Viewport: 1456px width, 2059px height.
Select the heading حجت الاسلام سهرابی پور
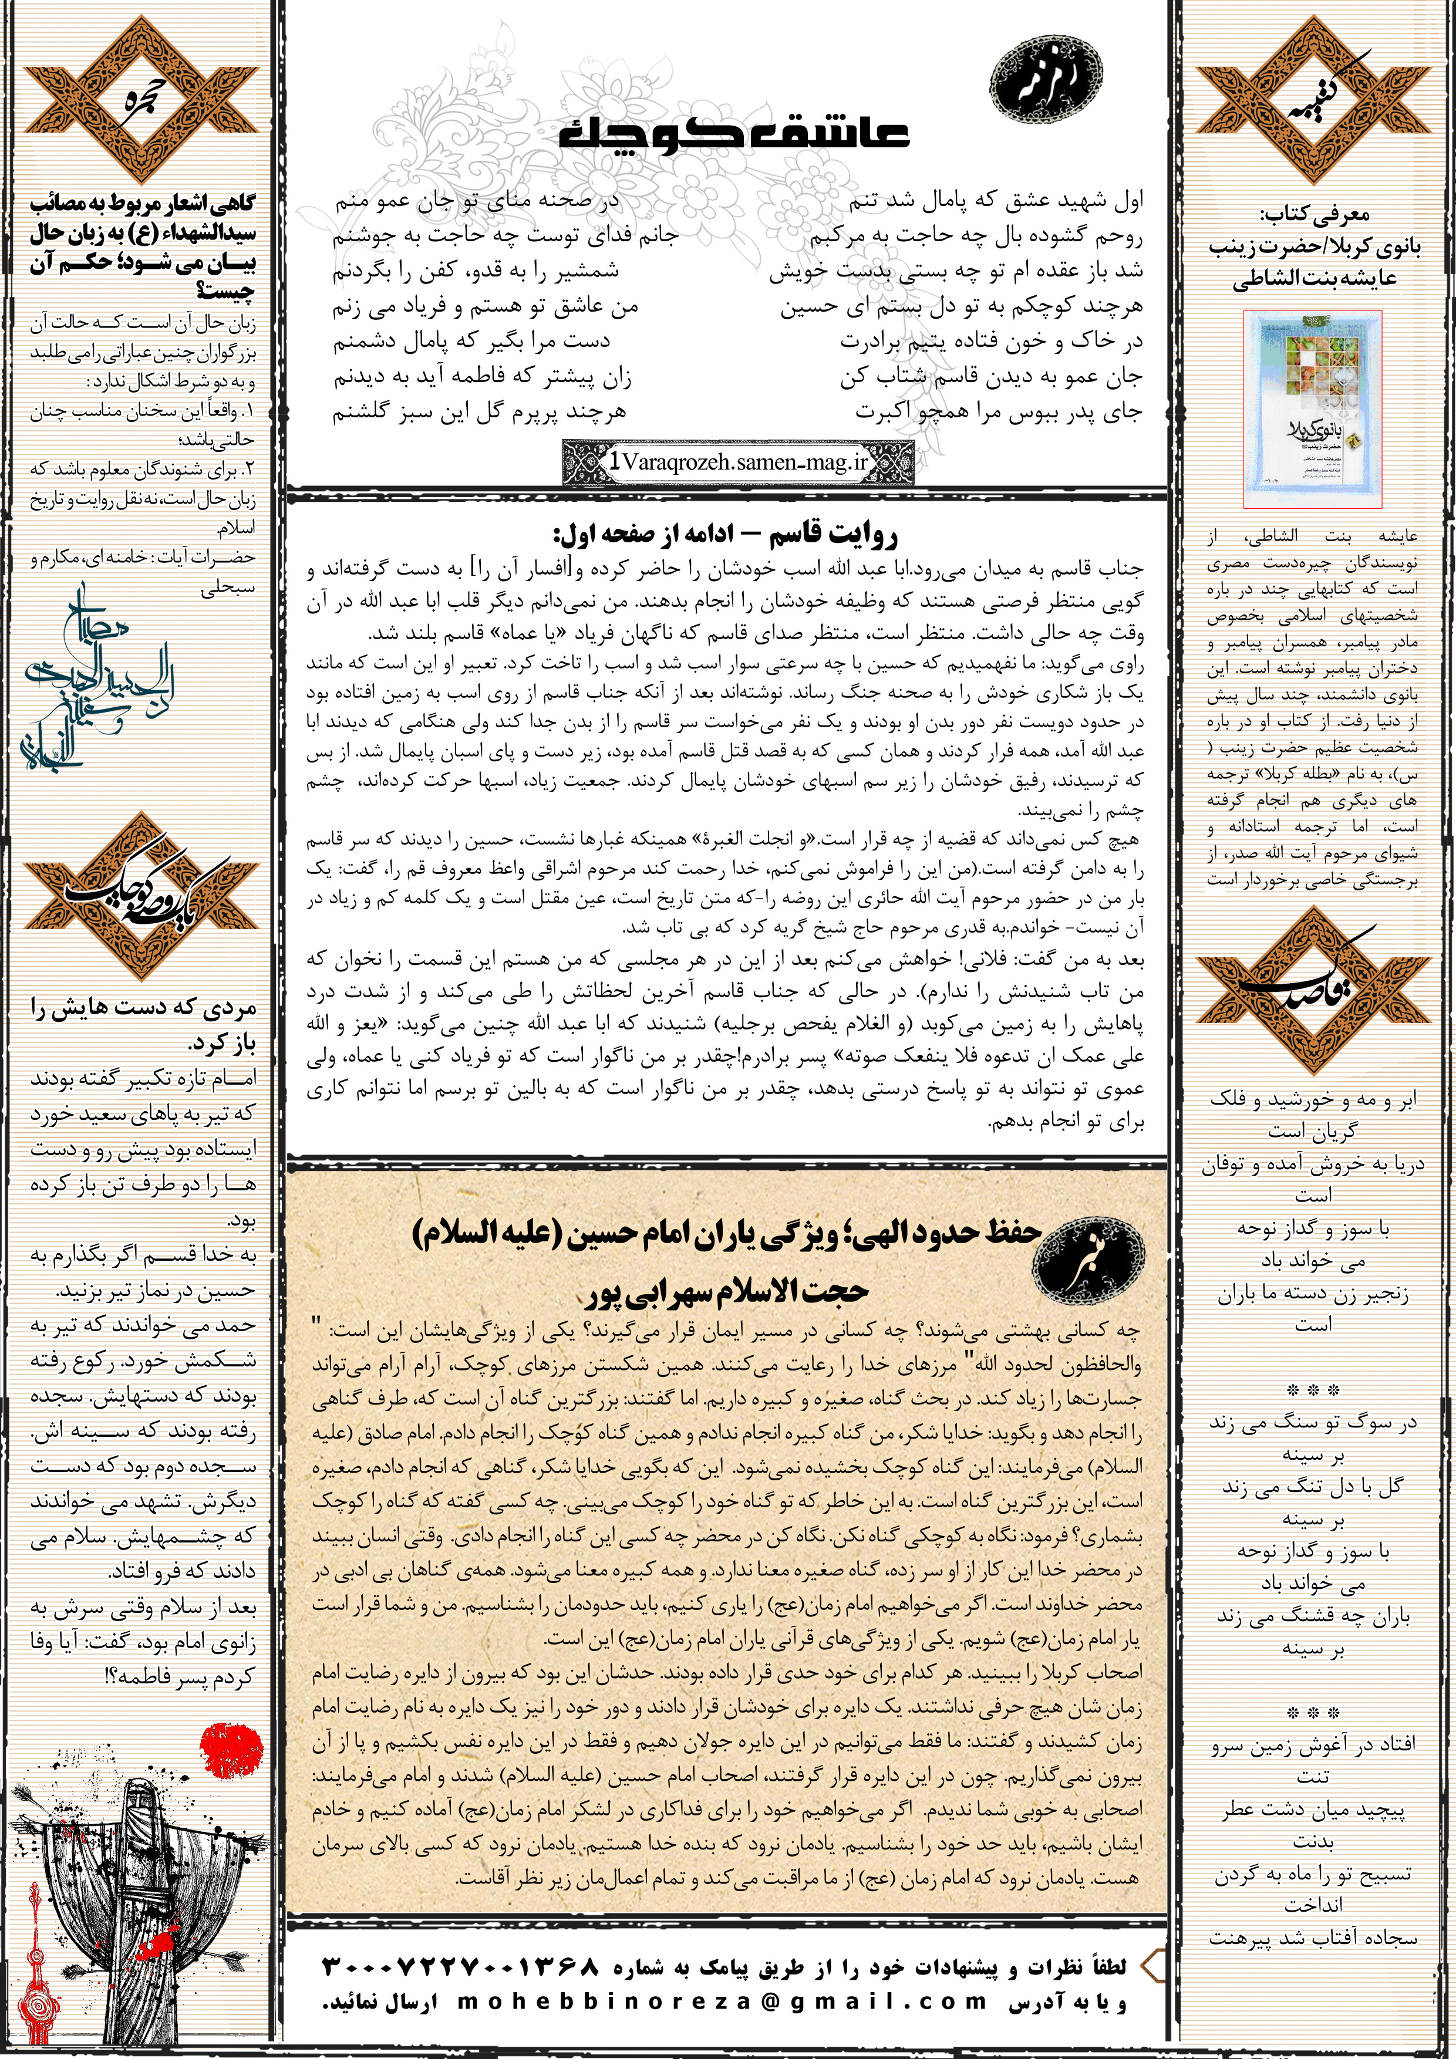[727, 1291]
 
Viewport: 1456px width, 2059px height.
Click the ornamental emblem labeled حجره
[141, 99]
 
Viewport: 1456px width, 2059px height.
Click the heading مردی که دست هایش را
[143, 1009]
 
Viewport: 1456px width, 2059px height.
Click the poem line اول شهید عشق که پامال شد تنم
[995, 201]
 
